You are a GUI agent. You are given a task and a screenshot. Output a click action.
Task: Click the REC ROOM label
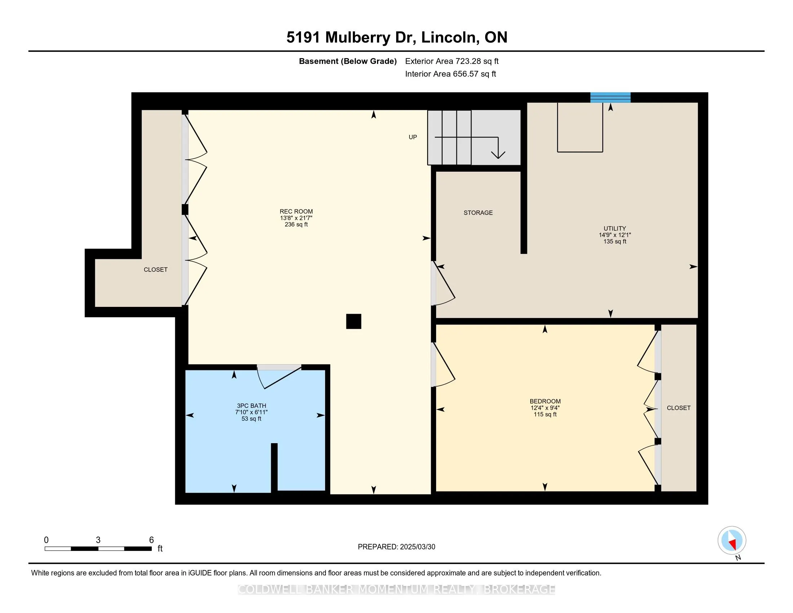click(296, 211)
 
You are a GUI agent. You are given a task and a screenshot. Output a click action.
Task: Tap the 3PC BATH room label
click(251, 406)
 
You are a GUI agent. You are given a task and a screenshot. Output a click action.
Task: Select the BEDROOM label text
click(545, 401)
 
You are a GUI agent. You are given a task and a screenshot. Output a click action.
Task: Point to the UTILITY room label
click(615, 228)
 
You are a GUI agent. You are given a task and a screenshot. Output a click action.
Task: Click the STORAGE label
click(478, 213)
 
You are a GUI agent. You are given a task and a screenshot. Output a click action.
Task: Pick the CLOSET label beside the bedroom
click(678, 408)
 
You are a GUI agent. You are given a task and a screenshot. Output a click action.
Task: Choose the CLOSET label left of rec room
click(155, 269)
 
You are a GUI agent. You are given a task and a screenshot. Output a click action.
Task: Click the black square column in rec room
click(353, 321)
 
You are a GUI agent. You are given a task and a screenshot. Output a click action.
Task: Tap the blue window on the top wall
click(610, 97)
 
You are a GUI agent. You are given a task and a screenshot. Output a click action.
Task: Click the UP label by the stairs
click(412, 137)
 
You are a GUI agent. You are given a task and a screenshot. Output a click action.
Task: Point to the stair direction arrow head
click(498, 154)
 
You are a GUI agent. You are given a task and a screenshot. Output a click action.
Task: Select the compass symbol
click(732, 540)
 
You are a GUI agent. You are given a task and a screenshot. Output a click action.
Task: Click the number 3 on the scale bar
click(98, 540)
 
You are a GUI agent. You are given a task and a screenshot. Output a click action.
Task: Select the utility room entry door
click(443, 284)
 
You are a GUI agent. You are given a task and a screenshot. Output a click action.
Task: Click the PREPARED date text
click(396, 547)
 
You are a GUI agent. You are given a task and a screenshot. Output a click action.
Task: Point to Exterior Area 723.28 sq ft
click(452, 61)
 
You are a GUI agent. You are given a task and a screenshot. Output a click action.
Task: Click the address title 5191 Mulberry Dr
click(351, 38)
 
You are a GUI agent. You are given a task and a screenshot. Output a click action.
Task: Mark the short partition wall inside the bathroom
click(274, 468)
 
